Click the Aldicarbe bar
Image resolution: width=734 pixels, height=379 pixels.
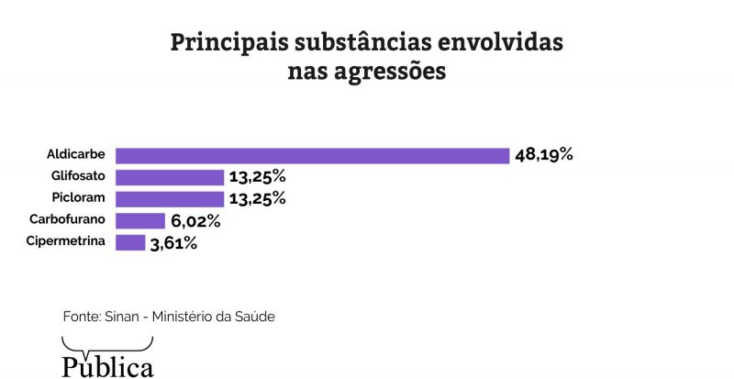312,155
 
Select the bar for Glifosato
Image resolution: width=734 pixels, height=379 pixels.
170,177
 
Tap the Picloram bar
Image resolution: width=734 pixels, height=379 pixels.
170,199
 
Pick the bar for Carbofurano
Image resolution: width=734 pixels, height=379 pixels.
140,221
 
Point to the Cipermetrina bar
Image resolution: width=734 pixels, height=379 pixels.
130,243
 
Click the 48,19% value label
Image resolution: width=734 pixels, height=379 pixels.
544,155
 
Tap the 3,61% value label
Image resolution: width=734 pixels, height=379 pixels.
173,243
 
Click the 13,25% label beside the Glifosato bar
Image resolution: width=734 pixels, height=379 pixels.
258,177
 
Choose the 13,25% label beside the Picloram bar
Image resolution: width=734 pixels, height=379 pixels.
258,199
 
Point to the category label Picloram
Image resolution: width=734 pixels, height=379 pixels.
80,198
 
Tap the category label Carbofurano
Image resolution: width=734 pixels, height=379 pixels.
68,220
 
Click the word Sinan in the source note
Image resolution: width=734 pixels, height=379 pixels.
124,317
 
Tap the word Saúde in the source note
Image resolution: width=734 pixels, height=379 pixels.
255,317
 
